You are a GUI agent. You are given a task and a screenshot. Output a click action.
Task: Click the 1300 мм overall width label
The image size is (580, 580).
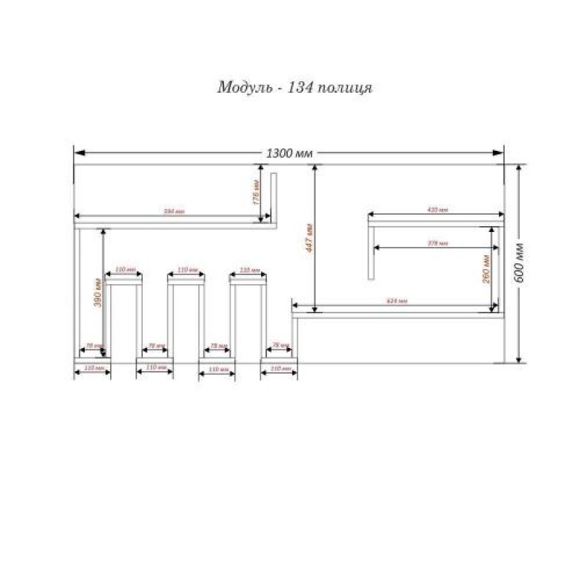289,154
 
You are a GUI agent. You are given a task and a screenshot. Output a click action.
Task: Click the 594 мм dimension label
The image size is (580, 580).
173,212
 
